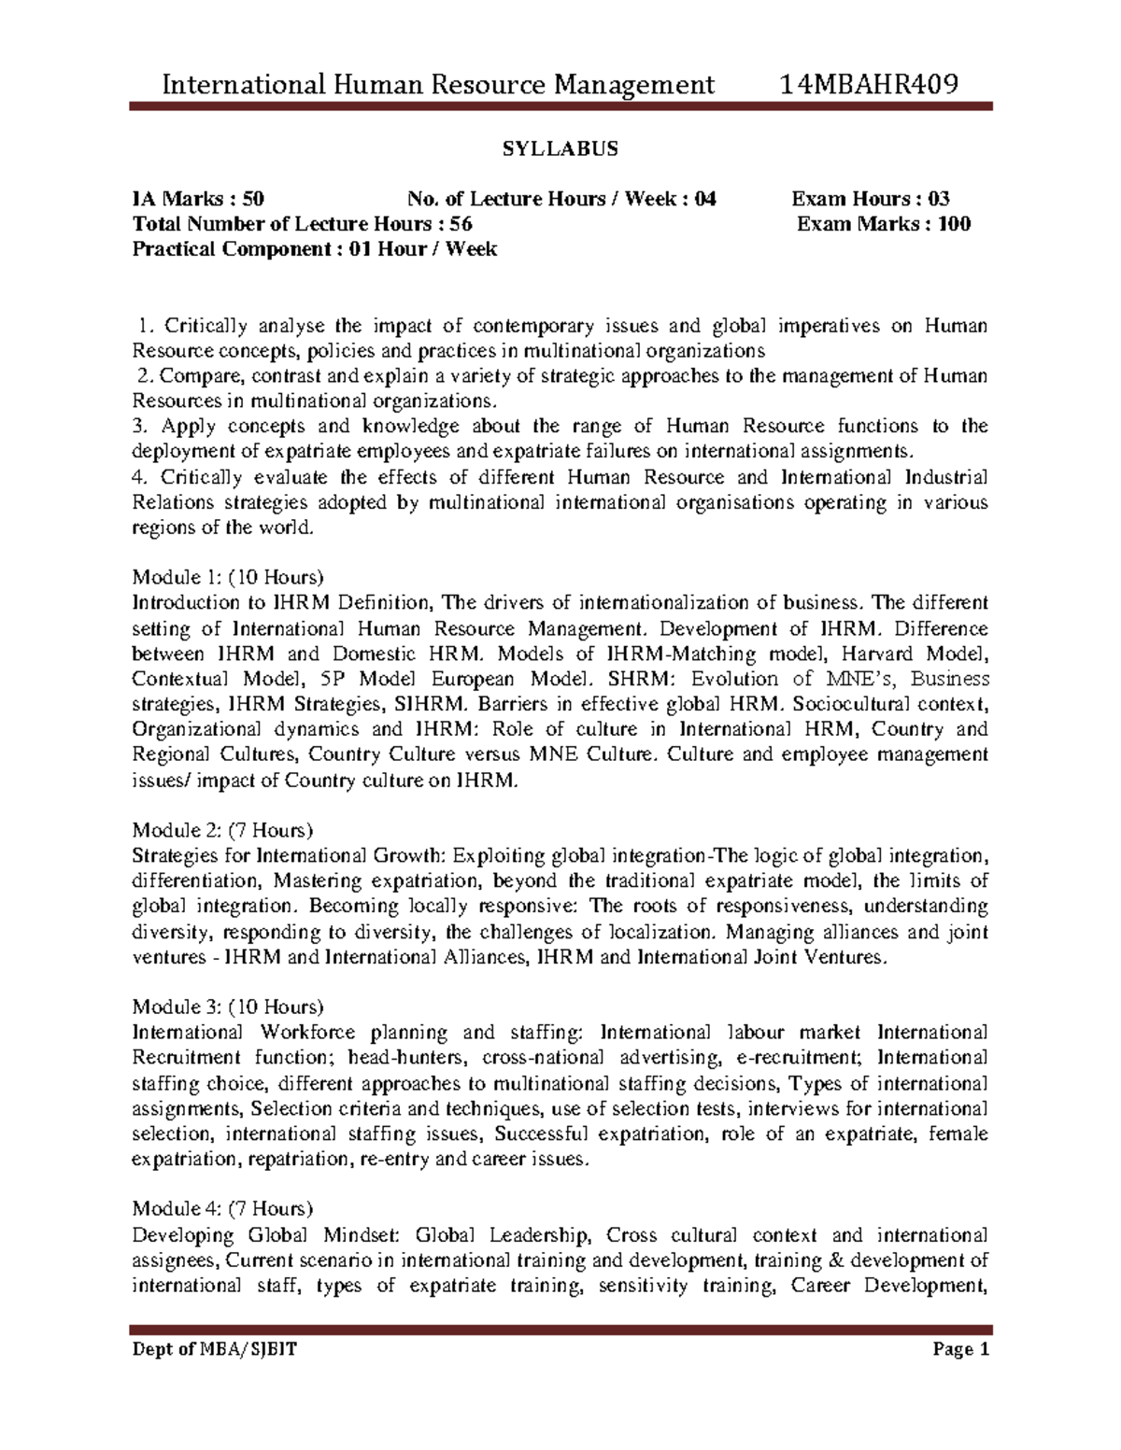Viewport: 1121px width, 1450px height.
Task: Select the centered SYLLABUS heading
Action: tap(561, 149)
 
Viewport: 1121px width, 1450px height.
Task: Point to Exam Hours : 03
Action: tap(871, 199)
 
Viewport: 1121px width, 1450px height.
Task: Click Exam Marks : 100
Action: tap(883, 224)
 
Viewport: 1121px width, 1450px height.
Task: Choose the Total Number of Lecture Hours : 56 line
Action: tap(303, 224)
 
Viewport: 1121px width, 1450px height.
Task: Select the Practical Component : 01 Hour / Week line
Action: tap(315, 249)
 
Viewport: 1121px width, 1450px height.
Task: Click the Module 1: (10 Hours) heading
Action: tap(228, 577)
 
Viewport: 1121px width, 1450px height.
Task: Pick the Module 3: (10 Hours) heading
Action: tap(228, 1007)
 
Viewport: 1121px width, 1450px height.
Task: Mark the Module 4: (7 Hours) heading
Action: tap(223, 1210)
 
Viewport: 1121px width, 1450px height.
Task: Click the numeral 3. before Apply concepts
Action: tap(141, 427)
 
